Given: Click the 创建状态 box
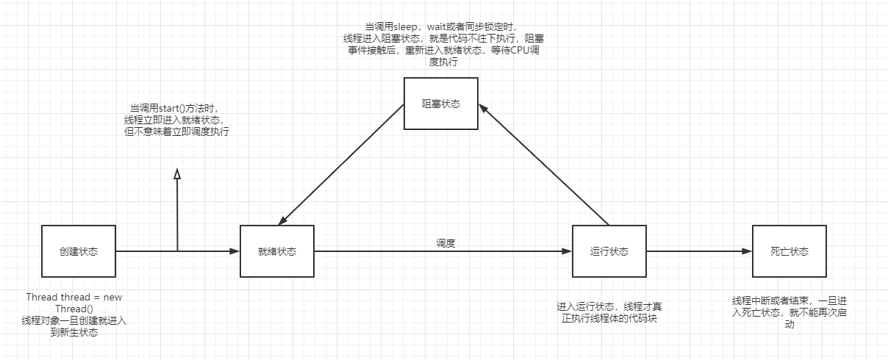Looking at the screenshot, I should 79,251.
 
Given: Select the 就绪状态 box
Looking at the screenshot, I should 277,251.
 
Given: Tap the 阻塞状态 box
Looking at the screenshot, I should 441,104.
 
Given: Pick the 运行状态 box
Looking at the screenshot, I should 609,251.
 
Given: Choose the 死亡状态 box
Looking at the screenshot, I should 789,251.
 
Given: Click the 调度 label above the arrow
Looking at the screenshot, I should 445,242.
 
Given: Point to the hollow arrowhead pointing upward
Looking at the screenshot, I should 176,173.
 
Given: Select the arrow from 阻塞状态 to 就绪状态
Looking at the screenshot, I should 342,165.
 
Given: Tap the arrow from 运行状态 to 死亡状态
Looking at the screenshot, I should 698,251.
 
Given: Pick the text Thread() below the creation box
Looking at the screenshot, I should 70,309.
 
